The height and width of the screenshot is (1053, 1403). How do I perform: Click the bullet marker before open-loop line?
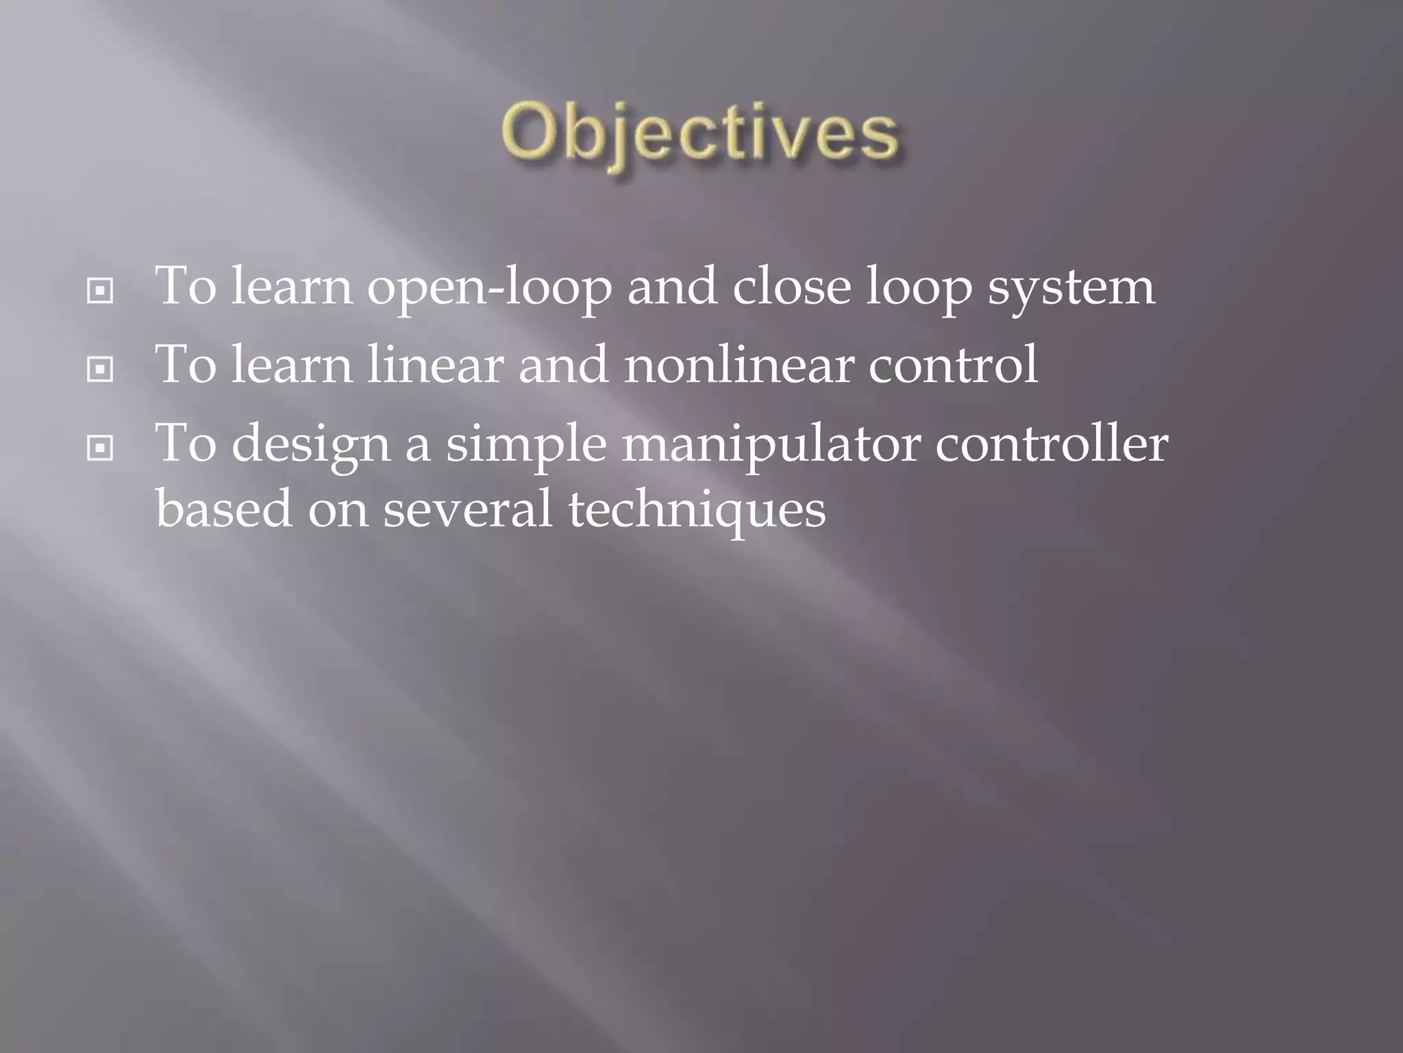coord(100,291)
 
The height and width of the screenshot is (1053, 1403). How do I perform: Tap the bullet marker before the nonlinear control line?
coord(100,370)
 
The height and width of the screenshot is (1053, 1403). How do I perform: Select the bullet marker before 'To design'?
coord(100,449)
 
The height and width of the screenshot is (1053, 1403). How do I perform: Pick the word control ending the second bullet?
coord(953,365)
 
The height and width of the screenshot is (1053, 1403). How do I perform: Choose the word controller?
coord(1052,444)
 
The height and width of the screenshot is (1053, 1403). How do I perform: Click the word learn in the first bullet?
coord(292,287)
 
